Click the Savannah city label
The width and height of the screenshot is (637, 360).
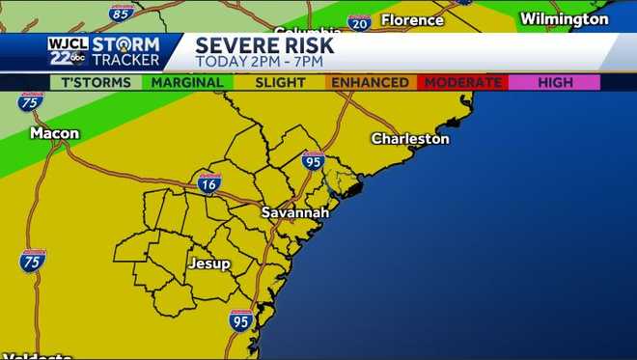click(294, 211)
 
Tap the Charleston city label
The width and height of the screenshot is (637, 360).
click(410, 139)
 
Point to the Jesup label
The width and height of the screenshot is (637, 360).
click(209, 263)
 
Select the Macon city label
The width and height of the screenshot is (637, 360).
click(54, 132)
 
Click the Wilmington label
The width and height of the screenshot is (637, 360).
click(565, 19)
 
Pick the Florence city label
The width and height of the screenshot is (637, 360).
click(412, 20)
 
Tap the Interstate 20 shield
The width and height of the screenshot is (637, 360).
click(359, 21)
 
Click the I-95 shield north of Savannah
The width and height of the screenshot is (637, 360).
click(313, 160)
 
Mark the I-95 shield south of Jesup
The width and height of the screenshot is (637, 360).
click(241, 321)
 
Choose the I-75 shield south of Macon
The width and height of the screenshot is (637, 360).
click(32, 260)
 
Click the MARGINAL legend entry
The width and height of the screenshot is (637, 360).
click(186, 83)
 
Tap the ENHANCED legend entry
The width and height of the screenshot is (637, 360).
click(370, 83)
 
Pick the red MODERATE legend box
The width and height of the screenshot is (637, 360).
click(462, 83)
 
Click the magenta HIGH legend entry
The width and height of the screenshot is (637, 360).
click(555, 83)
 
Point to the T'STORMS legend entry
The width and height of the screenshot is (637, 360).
click(95, 83)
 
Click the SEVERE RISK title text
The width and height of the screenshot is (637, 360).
click(264, 44)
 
